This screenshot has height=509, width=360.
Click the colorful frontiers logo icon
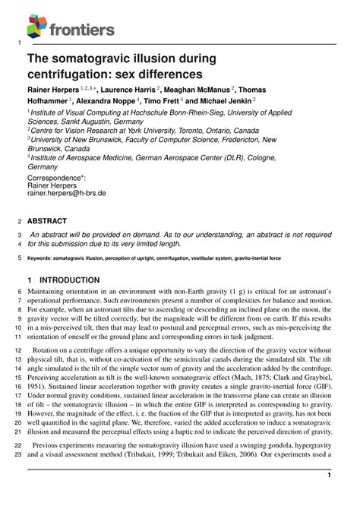(36, 27)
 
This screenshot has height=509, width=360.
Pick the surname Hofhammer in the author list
(57, 100)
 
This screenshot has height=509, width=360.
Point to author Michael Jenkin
(226, 100)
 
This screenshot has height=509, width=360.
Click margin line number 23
(19, 454)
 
